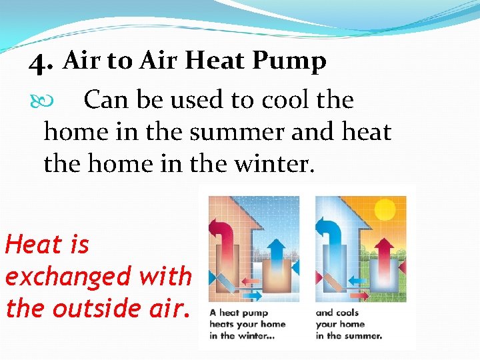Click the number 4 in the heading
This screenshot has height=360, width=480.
41,63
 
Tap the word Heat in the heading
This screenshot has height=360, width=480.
218,61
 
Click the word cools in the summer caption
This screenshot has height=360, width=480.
346,313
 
